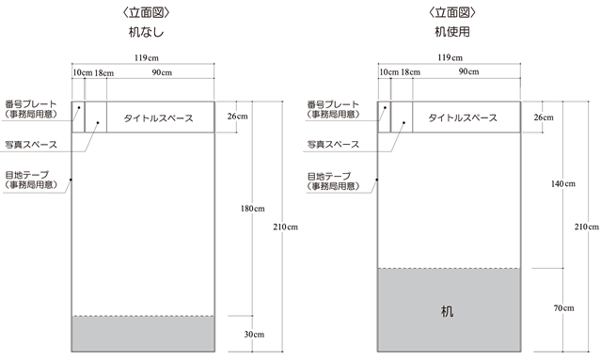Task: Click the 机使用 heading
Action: point(451,31)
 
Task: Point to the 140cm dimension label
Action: point(562,183)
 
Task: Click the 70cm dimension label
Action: point(563,308)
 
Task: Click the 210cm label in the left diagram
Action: point(284,227)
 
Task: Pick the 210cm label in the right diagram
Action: point(587,227)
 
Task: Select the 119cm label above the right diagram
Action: point(450,57)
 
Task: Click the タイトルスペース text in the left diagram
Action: point(159,118)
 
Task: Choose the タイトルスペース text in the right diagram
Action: point(463,118)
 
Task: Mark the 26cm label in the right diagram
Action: point(543,117)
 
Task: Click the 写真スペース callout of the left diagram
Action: point(32,144)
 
